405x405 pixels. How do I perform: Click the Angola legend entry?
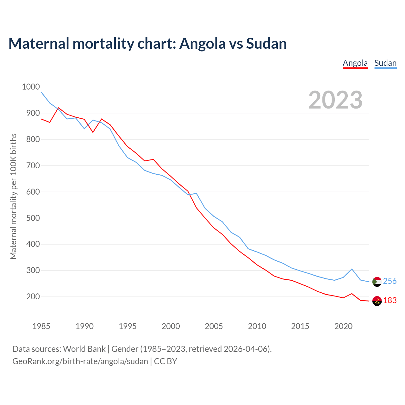[x=355, y=63]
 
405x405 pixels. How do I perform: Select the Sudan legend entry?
[x=385, y=63]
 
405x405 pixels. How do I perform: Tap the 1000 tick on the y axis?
[x=31, y=87]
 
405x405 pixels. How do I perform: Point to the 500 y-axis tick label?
[x=31, y=218]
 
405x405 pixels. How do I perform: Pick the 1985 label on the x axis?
[x=41, y=326]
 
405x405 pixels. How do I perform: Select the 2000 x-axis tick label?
[x=171, y=326]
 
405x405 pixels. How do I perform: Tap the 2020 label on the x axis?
[x=343, y=326]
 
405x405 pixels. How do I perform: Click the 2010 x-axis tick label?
[x=257, y=326]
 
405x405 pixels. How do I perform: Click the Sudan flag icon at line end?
[x=377, y=282]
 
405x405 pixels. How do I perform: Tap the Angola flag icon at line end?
[x=377, y=301]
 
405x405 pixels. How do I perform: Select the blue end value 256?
[x=390, y=281]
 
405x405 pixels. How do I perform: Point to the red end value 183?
[x=390, y=301]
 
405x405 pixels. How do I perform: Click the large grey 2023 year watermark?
[x=335, y=100]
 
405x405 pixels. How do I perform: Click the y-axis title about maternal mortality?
[x=13, y=196]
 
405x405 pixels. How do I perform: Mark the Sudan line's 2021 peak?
[x=352, y=269]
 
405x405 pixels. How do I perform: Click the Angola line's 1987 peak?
[x=59, y=108]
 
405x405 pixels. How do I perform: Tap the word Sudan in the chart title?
[x=266, y=44]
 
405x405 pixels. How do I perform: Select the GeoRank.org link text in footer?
[x=80, y=361]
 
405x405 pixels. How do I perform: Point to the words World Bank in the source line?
[x=84, y=349]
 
